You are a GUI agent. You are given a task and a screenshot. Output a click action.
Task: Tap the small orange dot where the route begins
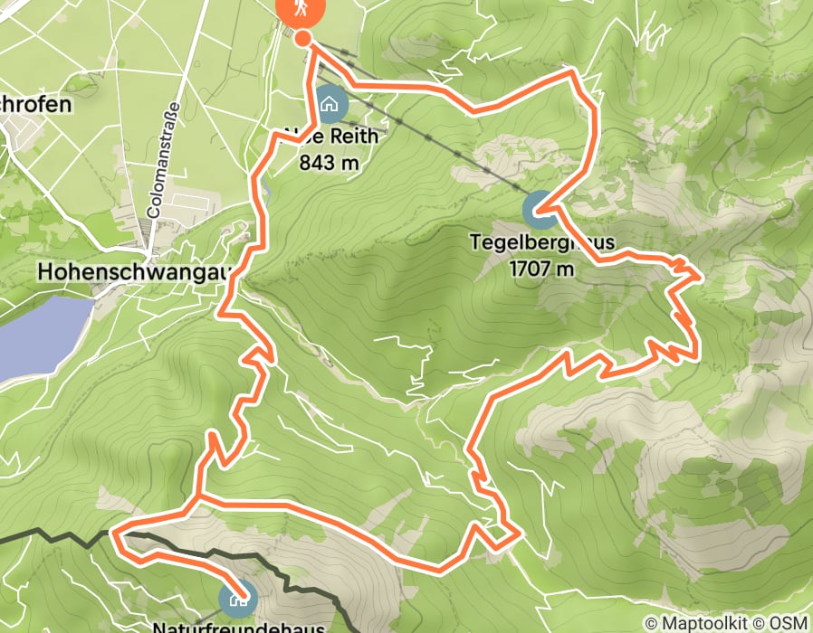(x=302, y=39)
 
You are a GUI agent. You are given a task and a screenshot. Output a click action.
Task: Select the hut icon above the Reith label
(x=330, y=104)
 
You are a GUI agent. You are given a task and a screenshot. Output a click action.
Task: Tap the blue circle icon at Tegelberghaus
(x=540, y=211)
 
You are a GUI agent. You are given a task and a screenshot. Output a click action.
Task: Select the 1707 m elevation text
(x=541, y=269)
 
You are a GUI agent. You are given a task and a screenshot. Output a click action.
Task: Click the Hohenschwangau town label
(x=136, y=270)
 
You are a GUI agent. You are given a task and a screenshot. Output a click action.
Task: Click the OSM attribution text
(x=789, y=623)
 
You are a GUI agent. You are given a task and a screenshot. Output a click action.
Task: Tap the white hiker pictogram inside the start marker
(x=297, y=8)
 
